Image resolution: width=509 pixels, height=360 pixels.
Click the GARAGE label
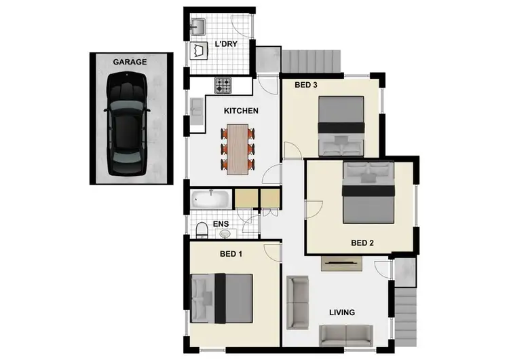pos(130,62)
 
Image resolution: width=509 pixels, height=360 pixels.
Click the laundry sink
pos(199,26)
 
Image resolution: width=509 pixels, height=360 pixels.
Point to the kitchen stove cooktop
pos(224,86)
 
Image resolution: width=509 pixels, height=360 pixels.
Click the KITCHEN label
pos(241,110)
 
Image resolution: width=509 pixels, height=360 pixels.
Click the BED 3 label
pos(307,86)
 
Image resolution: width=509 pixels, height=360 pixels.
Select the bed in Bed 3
pos(341,126)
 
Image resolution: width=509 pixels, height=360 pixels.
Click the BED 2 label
pos(363,242)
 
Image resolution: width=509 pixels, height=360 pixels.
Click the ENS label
pos(221,223)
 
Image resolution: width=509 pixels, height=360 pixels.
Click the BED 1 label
pos(231,254)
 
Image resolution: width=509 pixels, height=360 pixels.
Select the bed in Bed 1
pos(222,299)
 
